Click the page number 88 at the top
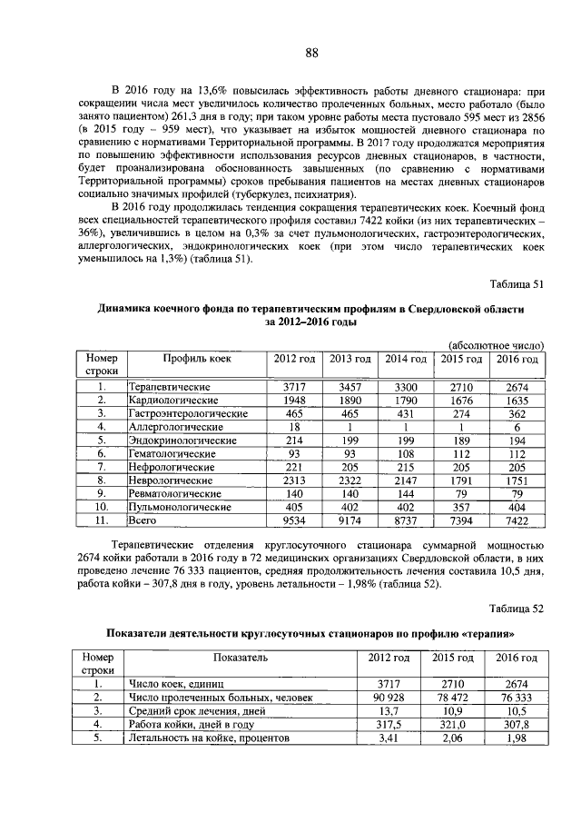tap(310, 53)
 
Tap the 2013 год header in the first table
tap(350, 359)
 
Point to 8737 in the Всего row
tap(406, 520)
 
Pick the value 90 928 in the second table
tap(381, 698)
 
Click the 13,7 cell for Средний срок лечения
tap(381, 711)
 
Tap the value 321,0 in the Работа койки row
tap(451, 725)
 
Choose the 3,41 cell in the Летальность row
tap(381, 738)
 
